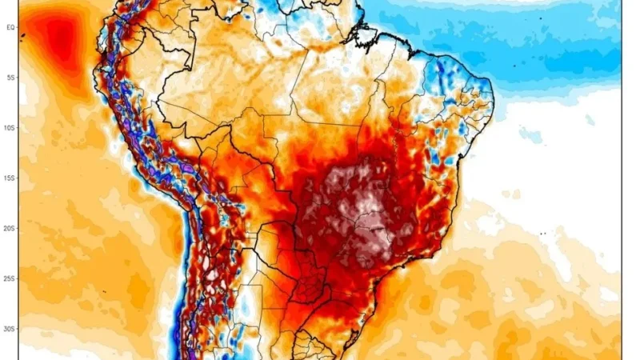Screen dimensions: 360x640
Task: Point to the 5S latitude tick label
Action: pos(11,77)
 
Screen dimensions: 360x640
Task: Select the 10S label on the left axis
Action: pos(11,127)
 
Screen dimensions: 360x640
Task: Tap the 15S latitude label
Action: pos(11,178)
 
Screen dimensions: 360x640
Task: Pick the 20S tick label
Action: pos(11,228)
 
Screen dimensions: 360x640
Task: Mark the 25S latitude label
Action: pos(11,278)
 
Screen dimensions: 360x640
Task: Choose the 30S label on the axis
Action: pos(11,328)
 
